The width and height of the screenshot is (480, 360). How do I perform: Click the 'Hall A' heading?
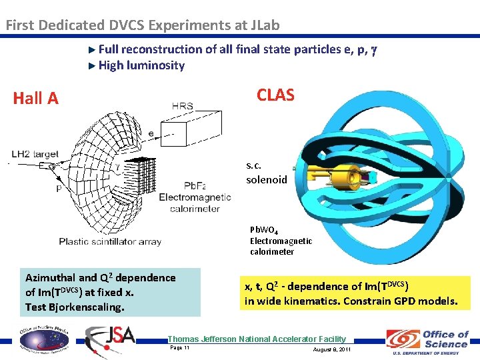36,99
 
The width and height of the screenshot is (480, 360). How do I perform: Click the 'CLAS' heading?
275,95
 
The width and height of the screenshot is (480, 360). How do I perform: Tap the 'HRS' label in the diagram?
183,106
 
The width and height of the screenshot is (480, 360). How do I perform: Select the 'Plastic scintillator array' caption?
110,241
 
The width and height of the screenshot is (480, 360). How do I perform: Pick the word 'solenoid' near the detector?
267,179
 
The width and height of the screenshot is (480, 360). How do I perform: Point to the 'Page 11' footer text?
180,348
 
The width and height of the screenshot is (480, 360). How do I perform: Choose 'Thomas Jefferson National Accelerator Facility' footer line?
257,339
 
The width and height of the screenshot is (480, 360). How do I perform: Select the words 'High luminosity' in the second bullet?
141,65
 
